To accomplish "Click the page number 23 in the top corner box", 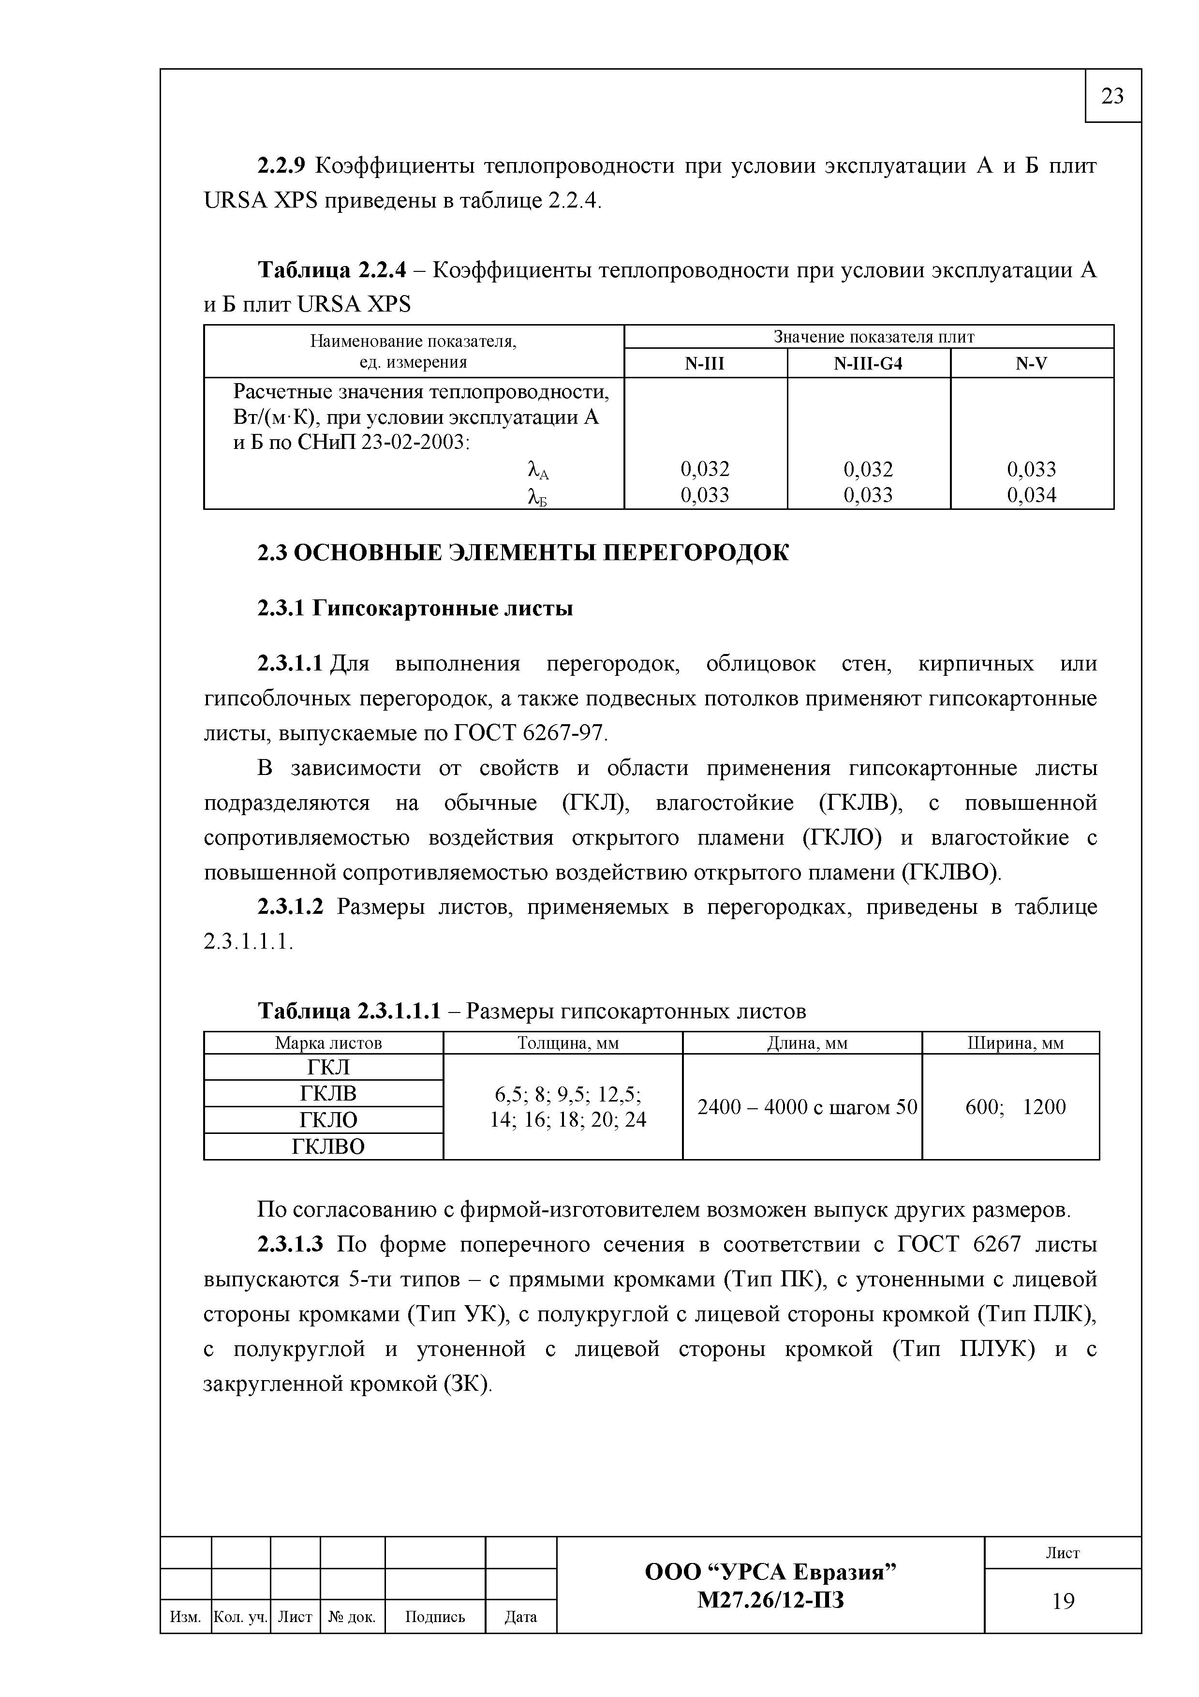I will [1112, 96].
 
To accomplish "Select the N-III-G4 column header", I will [868, 364].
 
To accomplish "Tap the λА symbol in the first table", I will [538, 471].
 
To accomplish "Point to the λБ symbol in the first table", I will [538, 497].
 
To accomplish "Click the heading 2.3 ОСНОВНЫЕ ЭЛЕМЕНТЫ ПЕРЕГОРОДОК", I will [523, 553].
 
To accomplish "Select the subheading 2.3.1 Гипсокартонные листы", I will [415, 608].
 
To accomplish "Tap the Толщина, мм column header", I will [568, 1043].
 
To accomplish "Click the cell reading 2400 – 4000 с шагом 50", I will [807, 1106].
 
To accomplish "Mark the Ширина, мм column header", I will [1016, 1043].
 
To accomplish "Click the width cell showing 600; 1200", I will [1016, 1106].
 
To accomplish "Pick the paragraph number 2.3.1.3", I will [290, 1245].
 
